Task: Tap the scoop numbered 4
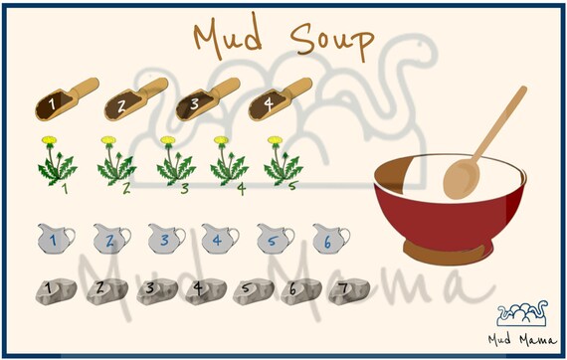pyautogui.click(x=268, y=99)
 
